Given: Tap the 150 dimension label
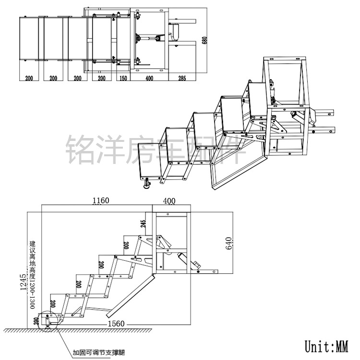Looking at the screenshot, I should pyautogui.click(x=123, y=78).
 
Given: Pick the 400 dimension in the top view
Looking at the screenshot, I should pyautogui.click(x=149, y=78).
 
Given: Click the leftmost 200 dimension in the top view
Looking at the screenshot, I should pyautogui.click(x=29, y=78).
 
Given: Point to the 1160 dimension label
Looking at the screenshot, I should pyautogui.click(x=101, y=200).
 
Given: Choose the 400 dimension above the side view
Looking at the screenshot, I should pyautogui.click(x=169, y=200).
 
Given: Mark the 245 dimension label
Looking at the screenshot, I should pyautogui.click(x=144, y=223).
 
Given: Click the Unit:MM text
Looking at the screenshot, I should pyautogui.click(x=326, y=346).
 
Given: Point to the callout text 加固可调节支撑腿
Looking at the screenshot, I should pyautogui.click(x=98, y=352).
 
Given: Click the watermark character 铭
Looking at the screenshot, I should pyautogui.click(x=77, y=150).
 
